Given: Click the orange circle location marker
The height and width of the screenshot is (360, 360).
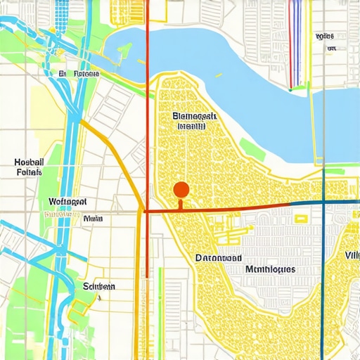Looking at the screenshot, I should point(181,189).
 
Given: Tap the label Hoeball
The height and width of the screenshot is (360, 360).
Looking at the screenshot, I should point(29,162).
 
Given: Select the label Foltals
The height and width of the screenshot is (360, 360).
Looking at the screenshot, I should point(29,172).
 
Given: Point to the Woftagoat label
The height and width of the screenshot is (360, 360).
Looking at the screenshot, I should point(68,201).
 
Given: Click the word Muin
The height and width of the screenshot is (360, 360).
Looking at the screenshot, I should point(92,219).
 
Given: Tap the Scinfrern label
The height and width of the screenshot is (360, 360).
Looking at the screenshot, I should point(99,287).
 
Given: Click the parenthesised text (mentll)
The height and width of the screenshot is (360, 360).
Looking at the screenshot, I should point(191,127).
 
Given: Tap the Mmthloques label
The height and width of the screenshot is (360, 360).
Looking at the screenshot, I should point(271,269).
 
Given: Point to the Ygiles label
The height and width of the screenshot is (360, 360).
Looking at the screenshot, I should point(325,35).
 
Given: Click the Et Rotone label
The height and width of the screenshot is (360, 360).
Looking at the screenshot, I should point(79,73).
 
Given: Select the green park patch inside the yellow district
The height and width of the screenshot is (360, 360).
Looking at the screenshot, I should point(250,148).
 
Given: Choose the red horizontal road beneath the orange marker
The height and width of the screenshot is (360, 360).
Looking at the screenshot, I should point(225,209).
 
